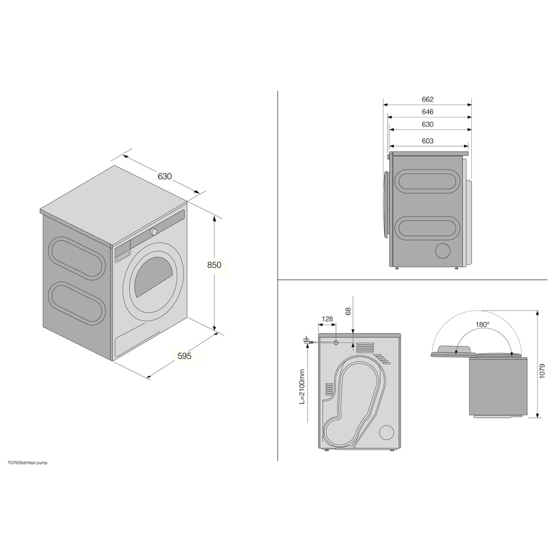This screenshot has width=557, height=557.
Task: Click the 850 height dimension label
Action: pyautogui.click(x=214, y=265)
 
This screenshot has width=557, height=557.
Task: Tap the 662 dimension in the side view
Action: pyautogui.click(x=427, y=100)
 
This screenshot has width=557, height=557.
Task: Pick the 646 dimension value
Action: pyautogui.click(x=427, y=112)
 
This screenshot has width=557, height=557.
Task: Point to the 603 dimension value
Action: pyautogui.click(x=427, y=141)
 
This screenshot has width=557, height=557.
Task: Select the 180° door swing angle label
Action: pyautogui.click(x=482, y=324)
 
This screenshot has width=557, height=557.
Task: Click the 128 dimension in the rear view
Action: pyautogui.click(x=327, y=319)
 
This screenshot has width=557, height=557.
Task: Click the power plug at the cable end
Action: pyautogui.click(x=306, y=340)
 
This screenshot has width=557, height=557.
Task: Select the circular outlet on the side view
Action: pyautogui.click(x=443, y=251)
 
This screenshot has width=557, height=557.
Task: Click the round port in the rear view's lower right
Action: pyautogui.click(x=385, y=433)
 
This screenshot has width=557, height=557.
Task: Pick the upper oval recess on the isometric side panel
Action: pyautogui.click(x=76, y=257)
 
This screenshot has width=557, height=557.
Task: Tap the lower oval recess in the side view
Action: pyautogui.click(x=427, y=228)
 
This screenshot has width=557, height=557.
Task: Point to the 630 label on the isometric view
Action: pyautogui.click(x=164, y=176)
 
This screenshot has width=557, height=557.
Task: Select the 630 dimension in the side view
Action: pyautogui.click(x=427, y=125)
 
